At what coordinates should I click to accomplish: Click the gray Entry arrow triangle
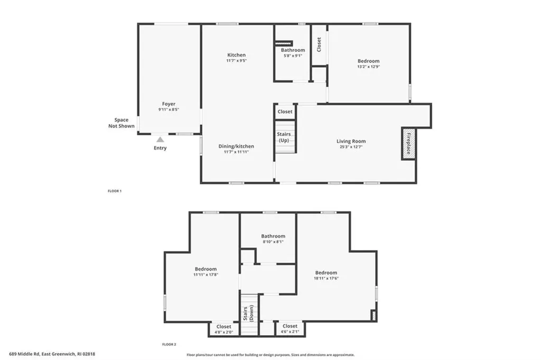(x=160, y=140)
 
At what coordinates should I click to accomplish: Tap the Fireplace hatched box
(x=408, y=144)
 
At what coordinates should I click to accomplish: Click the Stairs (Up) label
(x=284, y=137)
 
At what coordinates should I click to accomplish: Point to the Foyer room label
(x=169, y=104)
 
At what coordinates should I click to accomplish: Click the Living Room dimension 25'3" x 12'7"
(x=351, y=146)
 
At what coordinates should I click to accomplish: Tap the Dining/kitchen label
(x=236, y=146)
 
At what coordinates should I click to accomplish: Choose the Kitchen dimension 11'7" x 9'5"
(x=236, y=60)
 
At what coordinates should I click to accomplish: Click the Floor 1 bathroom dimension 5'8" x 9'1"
(x=293, y=56)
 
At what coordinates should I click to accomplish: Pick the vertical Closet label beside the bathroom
(x=319, y=44)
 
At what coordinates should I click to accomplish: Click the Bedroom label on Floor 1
(x=368, y=61)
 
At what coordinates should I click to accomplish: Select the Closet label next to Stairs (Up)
(x=285, y=112)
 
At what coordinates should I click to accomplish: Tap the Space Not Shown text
(x=122, y=123)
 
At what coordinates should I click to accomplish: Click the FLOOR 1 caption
(x=115, y=191)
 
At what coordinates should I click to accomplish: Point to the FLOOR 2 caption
(x=169, y=344)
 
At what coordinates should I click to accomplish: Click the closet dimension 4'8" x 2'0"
(x=224, y=333)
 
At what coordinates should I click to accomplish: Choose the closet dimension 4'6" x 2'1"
(x=290, y=331)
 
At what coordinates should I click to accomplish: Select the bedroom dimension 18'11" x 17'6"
(x=326, y=278)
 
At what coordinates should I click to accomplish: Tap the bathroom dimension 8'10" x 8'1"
(x=273, y=242)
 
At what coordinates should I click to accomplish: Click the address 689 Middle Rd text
(x=25, y=354)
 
